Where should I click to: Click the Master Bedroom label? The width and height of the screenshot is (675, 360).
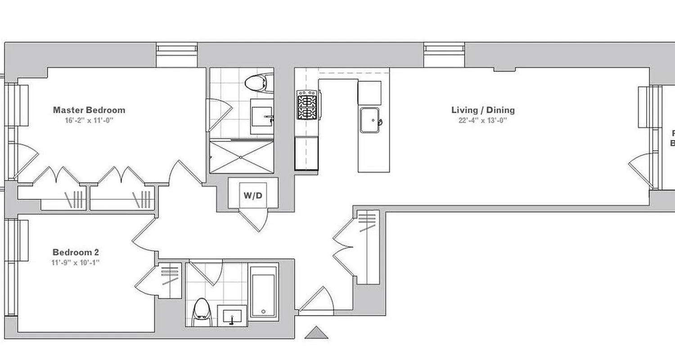click(x=89, y=110)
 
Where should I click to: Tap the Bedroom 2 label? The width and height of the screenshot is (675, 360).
click(x=76, y=252)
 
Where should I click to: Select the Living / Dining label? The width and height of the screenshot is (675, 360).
click(x=483, y=110)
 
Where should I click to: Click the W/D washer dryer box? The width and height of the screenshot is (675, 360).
click(x=253, y=195)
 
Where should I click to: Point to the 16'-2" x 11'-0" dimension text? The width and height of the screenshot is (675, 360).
click(x=89, y=121)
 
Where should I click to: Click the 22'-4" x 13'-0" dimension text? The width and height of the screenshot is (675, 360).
click(x=483, y=120)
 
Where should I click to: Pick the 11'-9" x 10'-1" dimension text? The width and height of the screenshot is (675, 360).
click(x=76, y=262)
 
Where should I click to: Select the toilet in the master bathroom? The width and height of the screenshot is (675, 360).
click(x=257, y=83)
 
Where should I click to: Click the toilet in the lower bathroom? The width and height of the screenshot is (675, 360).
click(x=201, y=312)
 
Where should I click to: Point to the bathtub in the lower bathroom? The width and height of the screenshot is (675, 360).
click(x=263, y=292)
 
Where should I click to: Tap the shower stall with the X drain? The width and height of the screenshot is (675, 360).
click(x=241, y=157)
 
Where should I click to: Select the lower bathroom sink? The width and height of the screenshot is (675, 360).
click(x=232, y=315)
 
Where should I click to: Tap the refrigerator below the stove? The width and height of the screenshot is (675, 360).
click(x=306, y=153)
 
